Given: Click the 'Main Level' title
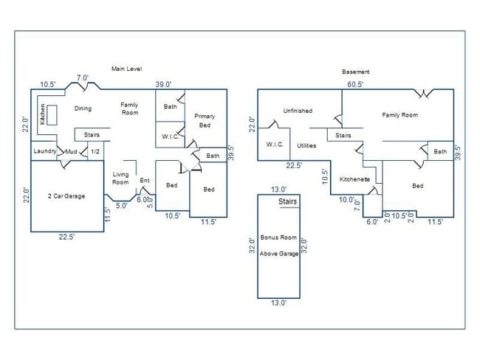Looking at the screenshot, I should [126, 69].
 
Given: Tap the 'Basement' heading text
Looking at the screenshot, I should [355, 72].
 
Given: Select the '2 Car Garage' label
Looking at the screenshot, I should [66, 196].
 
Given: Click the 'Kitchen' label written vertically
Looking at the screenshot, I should [43, 114].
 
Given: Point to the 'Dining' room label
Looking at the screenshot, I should [83, 108].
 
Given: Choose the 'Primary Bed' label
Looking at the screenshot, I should [205, 120].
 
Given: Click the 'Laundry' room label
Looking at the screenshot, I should [45, 151].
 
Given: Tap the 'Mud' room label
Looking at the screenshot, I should [71, 152].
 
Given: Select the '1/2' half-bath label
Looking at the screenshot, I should [95, 152].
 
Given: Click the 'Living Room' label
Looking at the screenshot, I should [120, 179].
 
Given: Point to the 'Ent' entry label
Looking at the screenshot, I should [145, 180].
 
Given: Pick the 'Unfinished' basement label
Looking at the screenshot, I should [298, 111].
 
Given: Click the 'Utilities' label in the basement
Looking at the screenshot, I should [306, 145].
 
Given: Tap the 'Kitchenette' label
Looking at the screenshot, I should [354, 179].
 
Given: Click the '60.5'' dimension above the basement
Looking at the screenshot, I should [355, 85].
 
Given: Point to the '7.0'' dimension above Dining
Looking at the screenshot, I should [83, 77].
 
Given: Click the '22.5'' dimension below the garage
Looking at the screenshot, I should [66, 237].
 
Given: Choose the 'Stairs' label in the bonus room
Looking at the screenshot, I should [288, 201].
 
